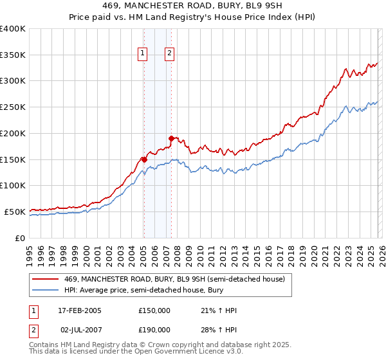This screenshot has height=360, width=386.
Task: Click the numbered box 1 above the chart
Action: [x=142, y=54]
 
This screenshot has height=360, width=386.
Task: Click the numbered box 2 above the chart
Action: [x=169, y=54]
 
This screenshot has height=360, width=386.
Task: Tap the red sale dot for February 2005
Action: [x=144, y=159]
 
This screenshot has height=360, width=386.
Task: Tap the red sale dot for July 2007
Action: [x=171, y=138]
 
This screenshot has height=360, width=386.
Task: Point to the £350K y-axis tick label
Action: [x=13, y=55]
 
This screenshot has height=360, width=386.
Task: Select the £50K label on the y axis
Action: [x=15, y=212]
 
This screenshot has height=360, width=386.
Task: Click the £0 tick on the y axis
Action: [x=20, y=238]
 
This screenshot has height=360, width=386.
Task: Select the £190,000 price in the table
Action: [x=154, y=329]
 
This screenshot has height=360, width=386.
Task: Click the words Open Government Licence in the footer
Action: [x=169, y=352]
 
